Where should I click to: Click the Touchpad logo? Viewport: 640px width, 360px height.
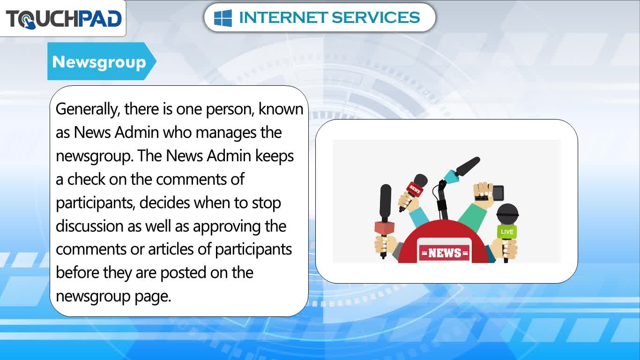point(64,19)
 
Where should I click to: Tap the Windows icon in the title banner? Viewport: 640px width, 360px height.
point(223,18)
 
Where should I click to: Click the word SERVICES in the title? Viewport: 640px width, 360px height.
point(376,17)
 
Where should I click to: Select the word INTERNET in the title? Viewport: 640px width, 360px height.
point(283,17)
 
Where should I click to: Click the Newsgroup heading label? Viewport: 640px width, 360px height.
point(99,62)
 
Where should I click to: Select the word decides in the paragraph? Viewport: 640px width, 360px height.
point(164,202)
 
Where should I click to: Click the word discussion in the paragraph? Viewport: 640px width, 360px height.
point(89,226)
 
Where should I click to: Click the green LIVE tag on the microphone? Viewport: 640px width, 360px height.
point(507,232)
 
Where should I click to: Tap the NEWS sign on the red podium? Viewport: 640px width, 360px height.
point(445,253)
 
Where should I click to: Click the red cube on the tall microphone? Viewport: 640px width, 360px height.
point(385,228)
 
